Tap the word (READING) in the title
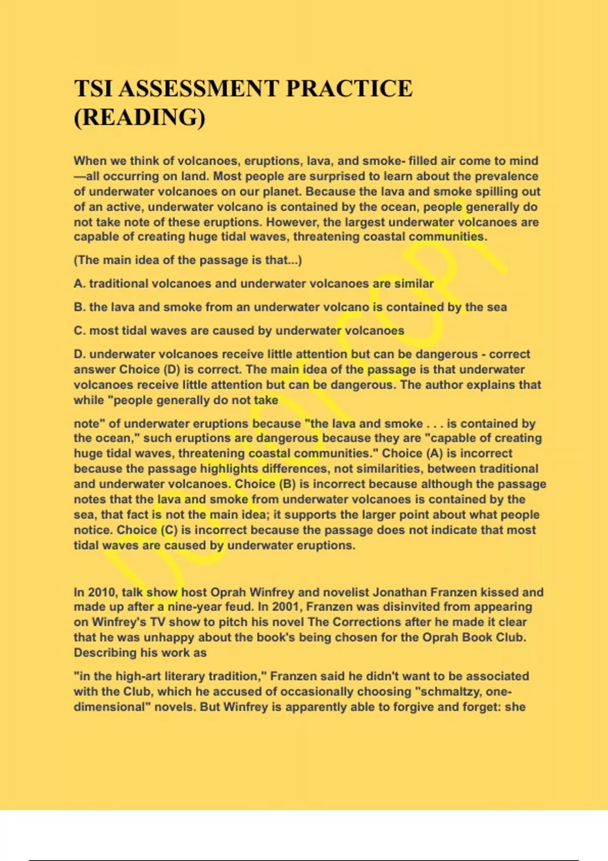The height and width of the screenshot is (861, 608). tap(140, 118)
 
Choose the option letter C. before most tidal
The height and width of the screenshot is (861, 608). tap(80, 331)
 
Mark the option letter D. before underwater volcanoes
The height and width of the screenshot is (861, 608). tap(80, 354)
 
